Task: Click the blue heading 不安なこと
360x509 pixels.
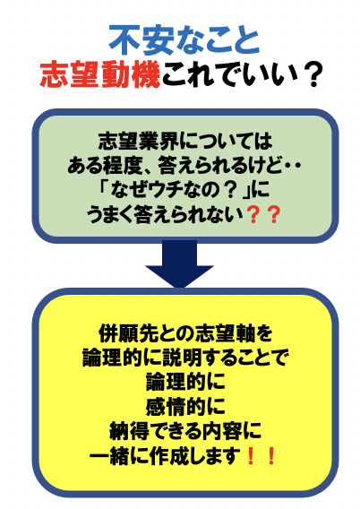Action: pos(184,40)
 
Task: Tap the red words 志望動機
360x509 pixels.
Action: pos(100,74)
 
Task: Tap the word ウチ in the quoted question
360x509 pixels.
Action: pos(167,190)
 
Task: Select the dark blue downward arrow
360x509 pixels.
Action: pos(179,263)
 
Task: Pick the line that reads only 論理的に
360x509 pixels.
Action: pos(185,382)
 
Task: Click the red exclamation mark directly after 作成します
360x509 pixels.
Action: pos(250,455)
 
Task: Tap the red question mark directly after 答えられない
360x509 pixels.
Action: pos(253,214)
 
